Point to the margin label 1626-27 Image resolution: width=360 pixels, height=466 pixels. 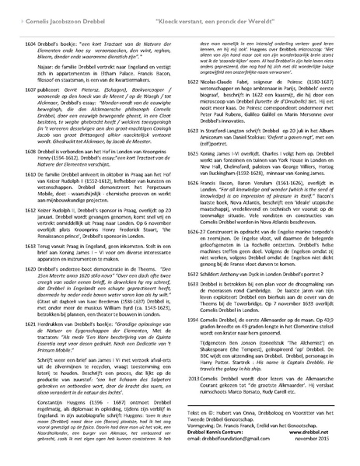point(197,254)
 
